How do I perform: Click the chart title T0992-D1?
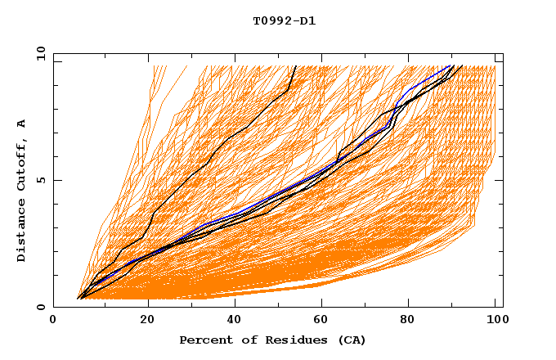pos(284,20)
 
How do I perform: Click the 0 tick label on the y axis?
pos(40,307)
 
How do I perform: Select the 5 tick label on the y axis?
pos(40,180)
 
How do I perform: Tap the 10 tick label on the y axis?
pos(38,54)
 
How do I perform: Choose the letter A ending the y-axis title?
pos(21,123)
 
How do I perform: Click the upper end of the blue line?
pos(452,65)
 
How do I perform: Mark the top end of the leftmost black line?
pos(296,65)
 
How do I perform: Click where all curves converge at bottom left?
pos(79,299)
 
